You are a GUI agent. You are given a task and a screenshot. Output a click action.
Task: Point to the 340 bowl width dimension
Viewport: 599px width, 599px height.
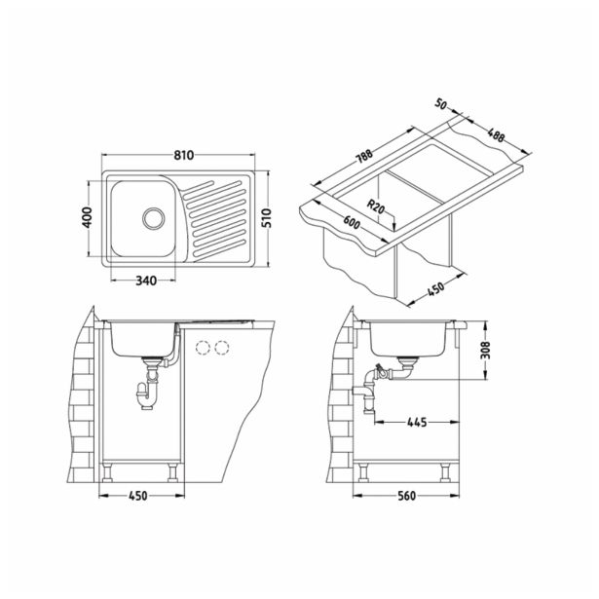click(147, 281)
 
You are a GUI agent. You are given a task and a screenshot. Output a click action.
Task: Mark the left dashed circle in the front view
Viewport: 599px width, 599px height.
click(205, 348)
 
